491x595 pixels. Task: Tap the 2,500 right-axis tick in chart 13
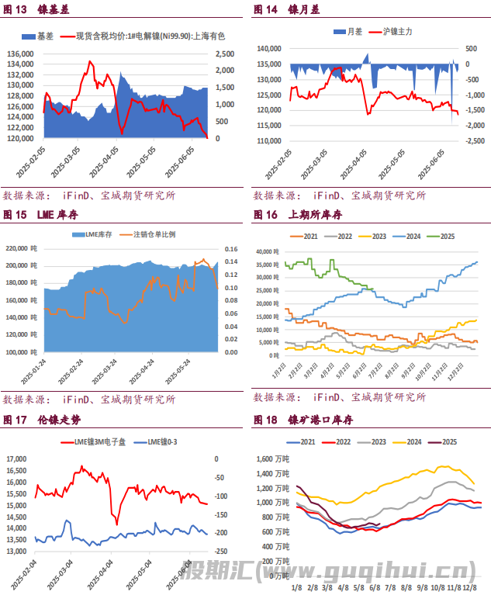222,54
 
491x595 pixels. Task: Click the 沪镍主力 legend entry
398,31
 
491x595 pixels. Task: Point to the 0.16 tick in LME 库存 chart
231,249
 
